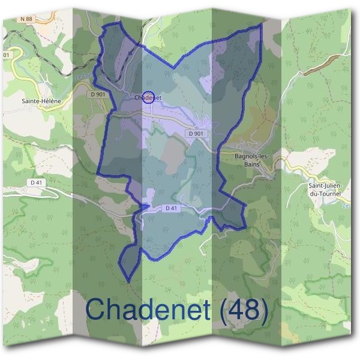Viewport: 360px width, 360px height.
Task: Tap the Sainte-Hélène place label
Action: coord(42,101)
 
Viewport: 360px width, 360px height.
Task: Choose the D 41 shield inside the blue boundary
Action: coord(171,208)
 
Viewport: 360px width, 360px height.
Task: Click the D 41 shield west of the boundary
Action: coord(38,181)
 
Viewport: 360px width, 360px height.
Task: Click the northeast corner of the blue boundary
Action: coord(262,25)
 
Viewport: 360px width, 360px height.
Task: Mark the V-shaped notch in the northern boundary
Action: coord(173,67)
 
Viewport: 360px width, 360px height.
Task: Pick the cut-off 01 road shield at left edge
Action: coord(6,55)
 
